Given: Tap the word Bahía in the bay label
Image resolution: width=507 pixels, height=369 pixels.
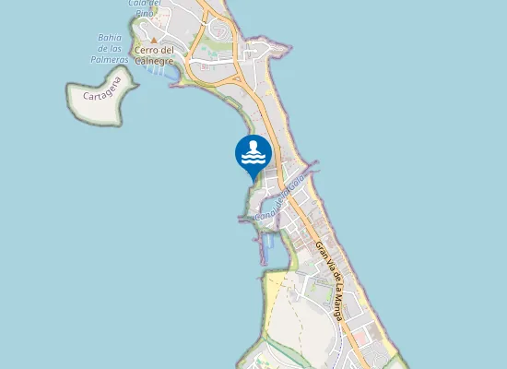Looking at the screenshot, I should click(x=111, y=38).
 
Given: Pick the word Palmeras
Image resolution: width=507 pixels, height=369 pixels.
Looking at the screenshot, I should click(x=111, y=59).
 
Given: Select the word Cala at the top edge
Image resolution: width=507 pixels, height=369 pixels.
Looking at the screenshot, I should click(x=138, y=4).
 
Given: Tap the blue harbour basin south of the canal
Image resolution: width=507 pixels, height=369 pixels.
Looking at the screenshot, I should click(x=269, y=243).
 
